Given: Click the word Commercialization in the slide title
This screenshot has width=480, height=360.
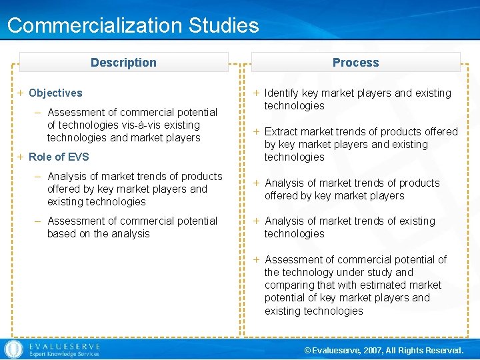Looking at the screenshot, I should click(95, 26).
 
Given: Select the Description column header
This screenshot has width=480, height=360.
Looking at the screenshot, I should click(123, 63).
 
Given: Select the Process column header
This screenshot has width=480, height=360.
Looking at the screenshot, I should click(355, 63).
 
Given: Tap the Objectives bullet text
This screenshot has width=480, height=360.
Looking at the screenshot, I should click(55, 93).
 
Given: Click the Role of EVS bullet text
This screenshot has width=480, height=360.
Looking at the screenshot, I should click(59, 157).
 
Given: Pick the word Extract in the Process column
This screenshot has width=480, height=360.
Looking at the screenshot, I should click(282, 132).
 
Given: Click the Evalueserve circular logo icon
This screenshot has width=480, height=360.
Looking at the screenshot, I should click(13, 349).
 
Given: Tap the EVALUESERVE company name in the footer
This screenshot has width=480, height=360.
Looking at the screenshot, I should click(64, 346).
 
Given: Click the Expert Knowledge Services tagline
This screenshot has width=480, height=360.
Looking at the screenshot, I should click(64, 355).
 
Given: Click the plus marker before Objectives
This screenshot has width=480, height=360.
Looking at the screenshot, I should click(21, 93).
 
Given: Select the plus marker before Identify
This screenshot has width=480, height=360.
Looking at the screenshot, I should click(257, 93).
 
